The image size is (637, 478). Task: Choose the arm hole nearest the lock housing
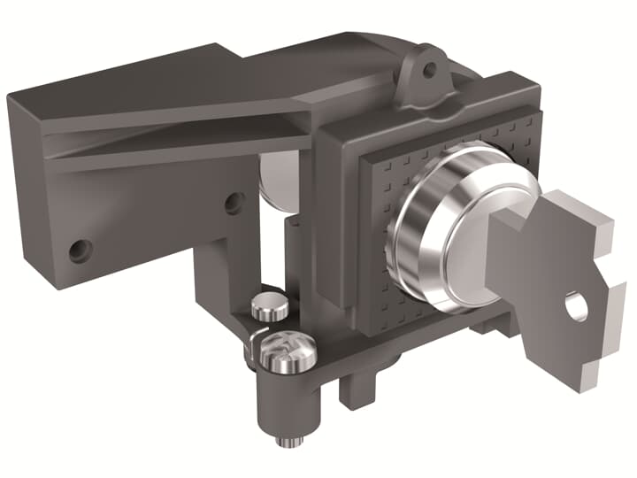[234, 203]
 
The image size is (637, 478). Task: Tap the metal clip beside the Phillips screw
[251, 348]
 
